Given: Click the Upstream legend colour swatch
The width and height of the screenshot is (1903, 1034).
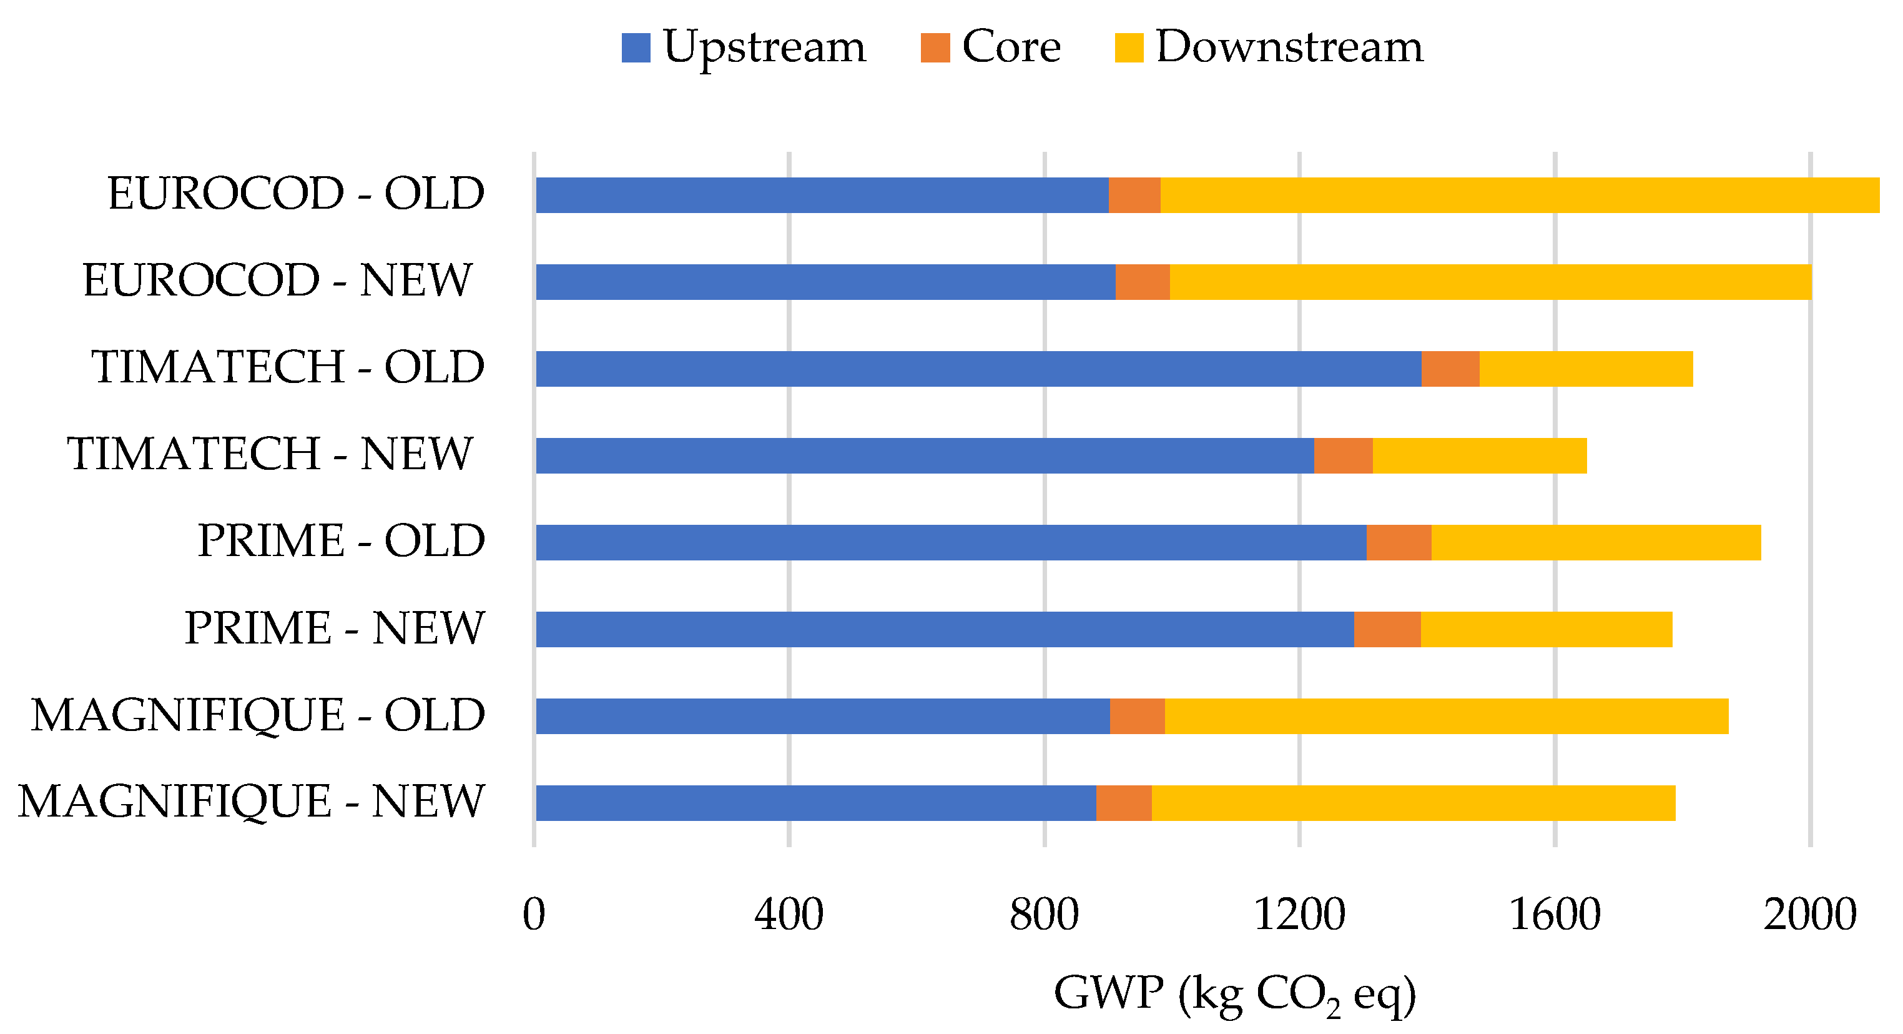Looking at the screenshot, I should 636,48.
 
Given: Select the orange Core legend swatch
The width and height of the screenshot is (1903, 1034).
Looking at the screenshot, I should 935,48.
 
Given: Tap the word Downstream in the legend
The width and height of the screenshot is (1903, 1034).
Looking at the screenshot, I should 1289,47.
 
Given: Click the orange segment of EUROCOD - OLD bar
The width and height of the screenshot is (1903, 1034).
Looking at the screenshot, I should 1134,195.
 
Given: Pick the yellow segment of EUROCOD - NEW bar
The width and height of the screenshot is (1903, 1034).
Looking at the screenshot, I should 1490,282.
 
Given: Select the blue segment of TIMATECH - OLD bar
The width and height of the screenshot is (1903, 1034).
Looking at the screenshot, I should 978,369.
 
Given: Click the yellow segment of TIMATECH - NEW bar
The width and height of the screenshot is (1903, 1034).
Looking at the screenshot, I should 1479,455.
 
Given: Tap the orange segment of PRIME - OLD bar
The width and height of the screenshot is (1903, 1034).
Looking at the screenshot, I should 1399,542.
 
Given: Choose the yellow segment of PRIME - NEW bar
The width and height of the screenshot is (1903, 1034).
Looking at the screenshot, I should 1546,629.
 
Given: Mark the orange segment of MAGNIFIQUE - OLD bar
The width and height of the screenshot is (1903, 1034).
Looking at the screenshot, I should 1137,716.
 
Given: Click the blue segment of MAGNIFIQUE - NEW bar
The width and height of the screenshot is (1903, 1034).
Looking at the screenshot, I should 815,803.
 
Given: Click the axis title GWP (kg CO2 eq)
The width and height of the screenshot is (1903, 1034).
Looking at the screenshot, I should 1234,994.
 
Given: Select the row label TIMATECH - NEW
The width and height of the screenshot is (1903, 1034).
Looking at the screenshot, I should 270,453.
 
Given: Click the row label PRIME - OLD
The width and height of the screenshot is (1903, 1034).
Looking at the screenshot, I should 342,540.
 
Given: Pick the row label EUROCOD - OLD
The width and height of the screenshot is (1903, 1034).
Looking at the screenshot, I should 295,194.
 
